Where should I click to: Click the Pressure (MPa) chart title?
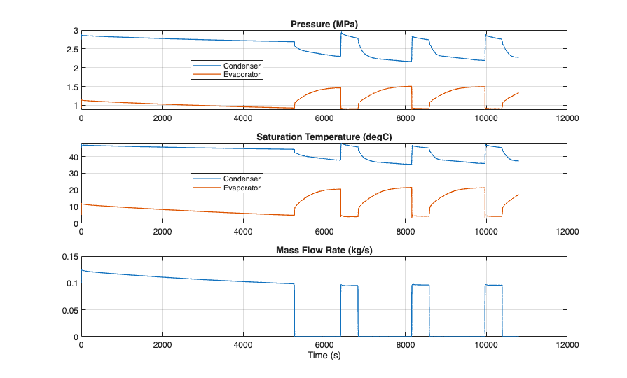324,24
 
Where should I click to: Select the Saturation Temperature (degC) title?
324,136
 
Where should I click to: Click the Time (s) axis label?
324,355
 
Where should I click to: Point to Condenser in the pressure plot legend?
242,66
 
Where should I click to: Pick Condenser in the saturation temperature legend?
242,178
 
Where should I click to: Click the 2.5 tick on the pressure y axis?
71,50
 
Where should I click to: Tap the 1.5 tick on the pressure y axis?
71,87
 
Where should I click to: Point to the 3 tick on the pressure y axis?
74,31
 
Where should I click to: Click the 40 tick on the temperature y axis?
72,157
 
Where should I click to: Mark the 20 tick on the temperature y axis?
72,190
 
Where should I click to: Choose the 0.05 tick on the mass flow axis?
69,310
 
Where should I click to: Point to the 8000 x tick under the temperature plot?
405,232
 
